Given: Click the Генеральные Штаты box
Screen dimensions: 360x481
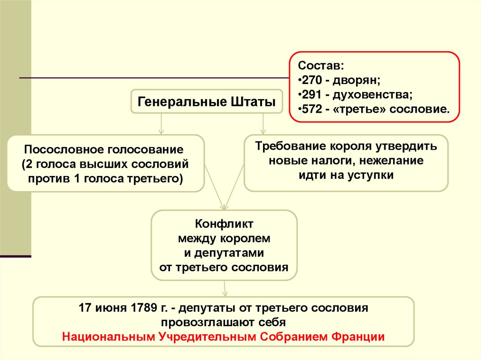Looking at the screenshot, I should [x=206, y=101].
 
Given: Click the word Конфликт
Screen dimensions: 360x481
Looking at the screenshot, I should [x=224, y=223].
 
